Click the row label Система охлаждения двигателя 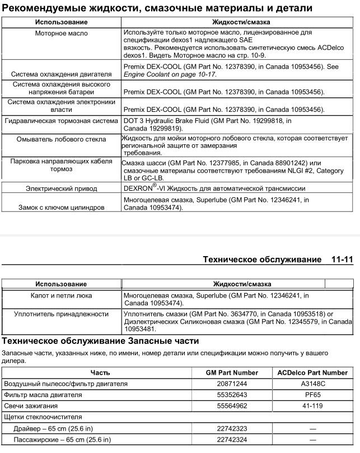tap(62, 74)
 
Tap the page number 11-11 tap(342, 260)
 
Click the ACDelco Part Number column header tap(312, 372)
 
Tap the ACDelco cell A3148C tap(312, 384)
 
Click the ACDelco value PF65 tap(312, 395)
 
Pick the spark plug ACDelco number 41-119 tap(312, 406)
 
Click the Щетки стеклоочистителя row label tap(43, 417)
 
